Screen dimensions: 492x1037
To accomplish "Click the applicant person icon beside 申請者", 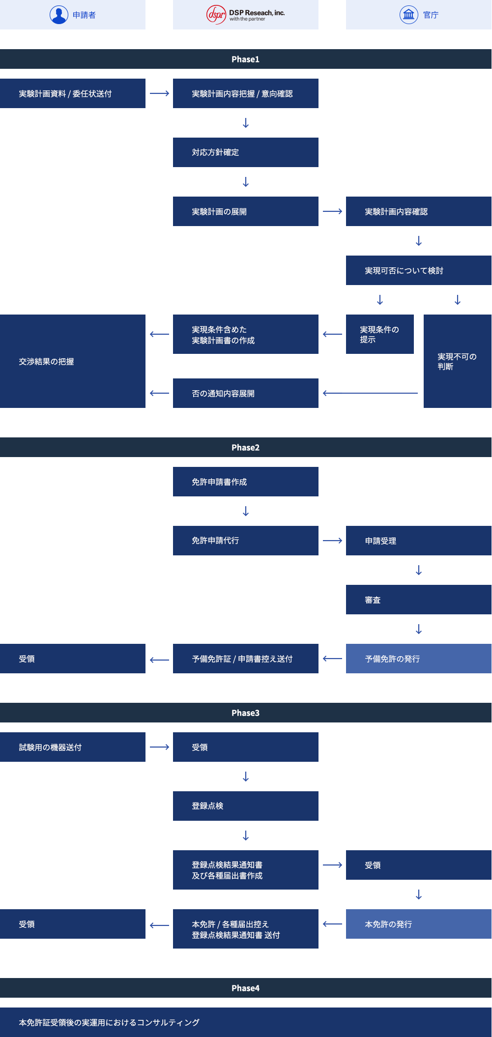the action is [59, 15].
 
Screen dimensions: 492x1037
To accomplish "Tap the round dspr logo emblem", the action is [216, 15].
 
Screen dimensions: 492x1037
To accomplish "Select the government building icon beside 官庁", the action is [408, 15].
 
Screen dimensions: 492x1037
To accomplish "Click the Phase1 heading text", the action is [245, 59].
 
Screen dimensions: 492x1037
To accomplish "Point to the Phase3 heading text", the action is [245, 713].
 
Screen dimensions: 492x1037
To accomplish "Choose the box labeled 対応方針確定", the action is [246, 152].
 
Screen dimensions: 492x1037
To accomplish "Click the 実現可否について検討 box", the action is [419, 270].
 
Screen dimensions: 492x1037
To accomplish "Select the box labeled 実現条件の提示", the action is [380, 334].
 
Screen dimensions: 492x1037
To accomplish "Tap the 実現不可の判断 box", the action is [458, 361].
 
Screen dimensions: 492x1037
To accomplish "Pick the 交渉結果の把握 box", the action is [73, 361].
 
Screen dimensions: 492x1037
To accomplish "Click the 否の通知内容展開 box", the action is [246, 393].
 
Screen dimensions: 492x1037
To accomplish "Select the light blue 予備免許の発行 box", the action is [419, 659].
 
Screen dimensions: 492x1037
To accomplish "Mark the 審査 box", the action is [419, 600].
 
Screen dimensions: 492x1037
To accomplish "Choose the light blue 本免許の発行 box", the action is [419, 924].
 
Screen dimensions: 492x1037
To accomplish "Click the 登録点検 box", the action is [246, 806].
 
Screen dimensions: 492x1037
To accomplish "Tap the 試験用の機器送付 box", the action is [73, 747].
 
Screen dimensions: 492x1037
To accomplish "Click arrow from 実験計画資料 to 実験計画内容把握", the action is [159, 93].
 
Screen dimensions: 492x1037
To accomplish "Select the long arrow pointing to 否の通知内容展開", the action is [370, 393].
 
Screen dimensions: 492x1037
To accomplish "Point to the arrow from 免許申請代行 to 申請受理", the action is [332, 541].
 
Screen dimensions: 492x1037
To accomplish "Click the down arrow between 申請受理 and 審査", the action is [419, 570].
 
